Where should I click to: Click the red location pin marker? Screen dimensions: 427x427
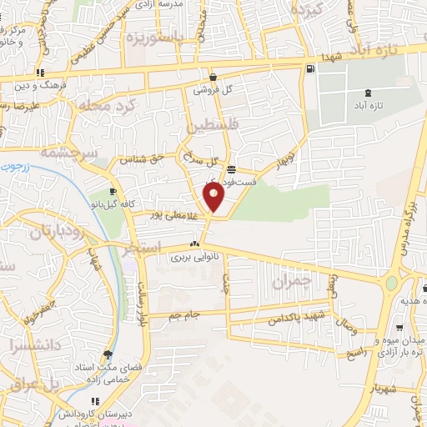pyautogui.click(x=214, y=198)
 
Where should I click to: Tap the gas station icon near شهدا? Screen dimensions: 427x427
pyautogui.click(x=310, y=68)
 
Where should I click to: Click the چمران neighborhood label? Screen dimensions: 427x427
pyautogui.click(x=290, y=283)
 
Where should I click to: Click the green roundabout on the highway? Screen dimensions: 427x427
pyautogui.click(x=391, y=284)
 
